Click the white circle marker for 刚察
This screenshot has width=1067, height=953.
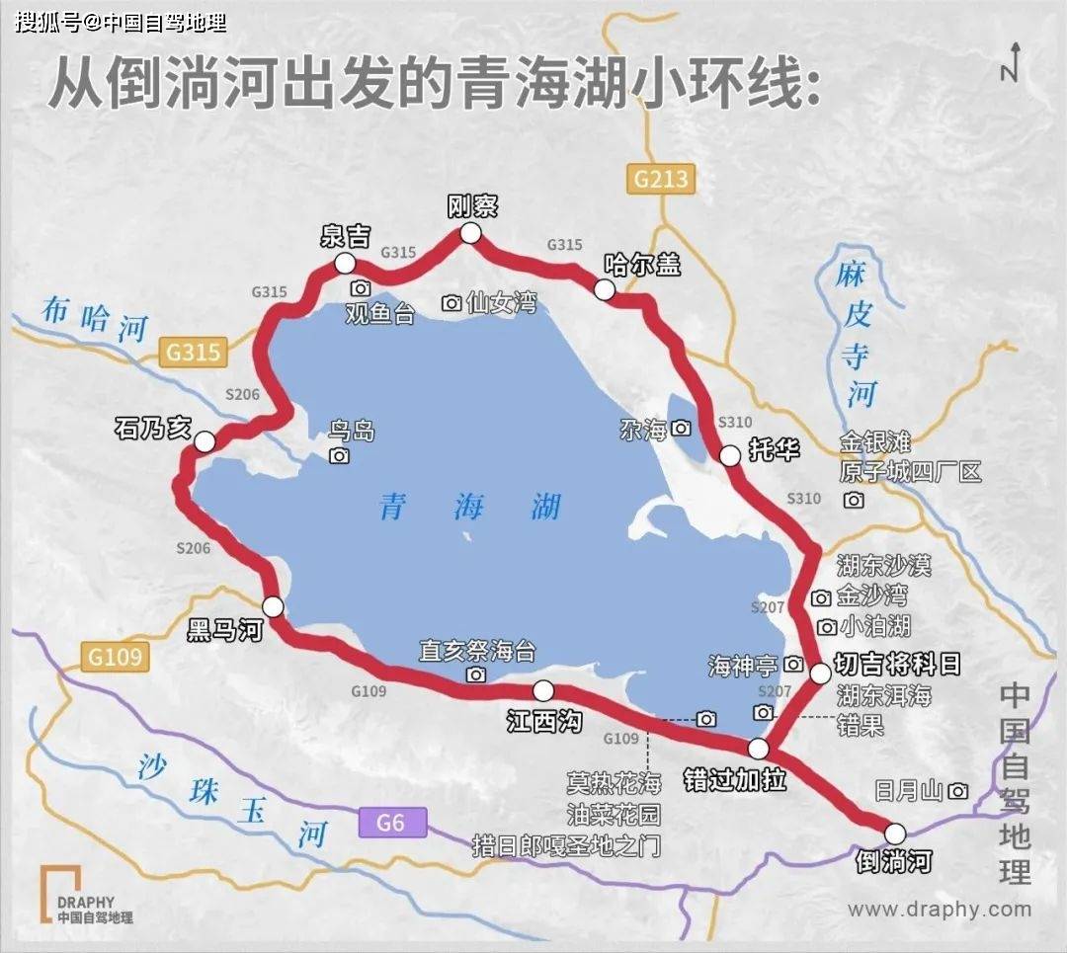point(470,233)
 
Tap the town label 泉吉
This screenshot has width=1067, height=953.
point(345,237)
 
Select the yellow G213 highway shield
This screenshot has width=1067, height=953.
point(661,180)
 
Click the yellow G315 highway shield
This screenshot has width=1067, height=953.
point(194,352)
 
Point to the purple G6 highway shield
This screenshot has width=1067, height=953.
point(391,822)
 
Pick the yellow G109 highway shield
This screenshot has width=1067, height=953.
point(115,656)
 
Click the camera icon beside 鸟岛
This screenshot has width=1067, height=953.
point(339,455)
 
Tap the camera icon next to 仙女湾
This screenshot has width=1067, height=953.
point(451,303)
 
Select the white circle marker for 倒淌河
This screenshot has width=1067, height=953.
point(894,833)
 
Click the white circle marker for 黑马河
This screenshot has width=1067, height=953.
point(273,606)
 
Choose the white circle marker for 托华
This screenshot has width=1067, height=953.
point(730,456)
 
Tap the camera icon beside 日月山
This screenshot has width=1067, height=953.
point(956,791)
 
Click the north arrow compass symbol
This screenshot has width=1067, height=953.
point(1009,64)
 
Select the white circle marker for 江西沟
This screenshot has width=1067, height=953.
point(543,691)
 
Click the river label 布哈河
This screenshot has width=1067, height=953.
point(94,318)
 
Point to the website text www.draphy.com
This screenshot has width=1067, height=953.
point(939,910)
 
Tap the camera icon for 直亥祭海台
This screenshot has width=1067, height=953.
point(476,675)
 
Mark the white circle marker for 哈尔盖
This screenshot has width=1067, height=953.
point(604,289)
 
